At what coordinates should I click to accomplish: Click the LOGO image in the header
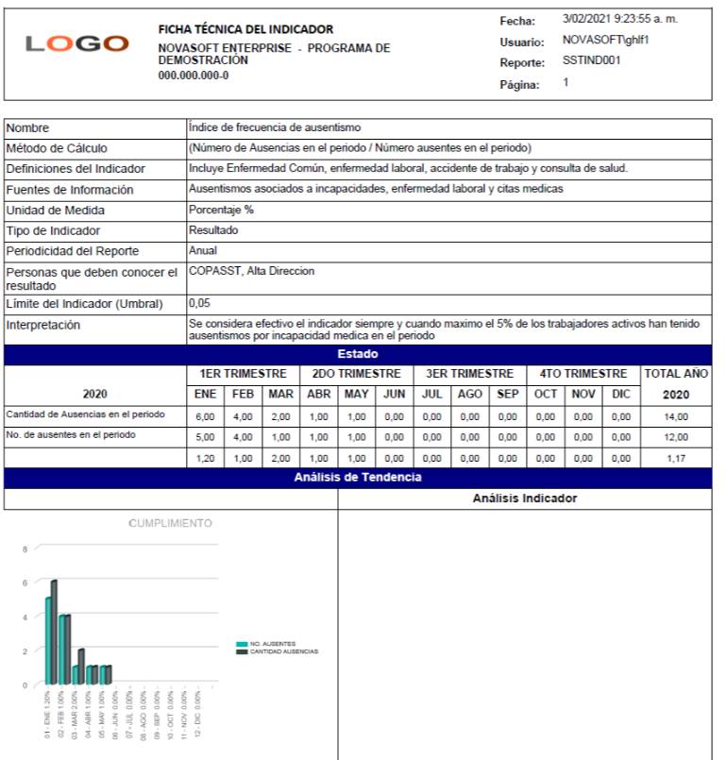77,43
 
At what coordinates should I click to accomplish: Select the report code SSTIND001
592,60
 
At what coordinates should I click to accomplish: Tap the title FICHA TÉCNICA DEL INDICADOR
245,29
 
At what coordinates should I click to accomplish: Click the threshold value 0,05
199,304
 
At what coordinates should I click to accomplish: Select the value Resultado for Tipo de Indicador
213,230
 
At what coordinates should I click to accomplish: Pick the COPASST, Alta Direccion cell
251,272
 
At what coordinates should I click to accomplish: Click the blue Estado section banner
358,354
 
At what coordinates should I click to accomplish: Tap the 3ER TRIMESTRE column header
469,374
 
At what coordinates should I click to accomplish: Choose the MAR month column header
279,394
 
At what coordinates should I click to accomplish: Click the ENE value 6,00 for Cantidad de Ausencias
205,415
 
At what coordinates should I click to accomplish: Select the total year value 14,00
676,415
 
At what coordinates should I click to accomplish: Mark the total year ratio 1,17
676,457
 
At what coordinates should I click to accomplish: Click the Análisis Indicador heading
524,498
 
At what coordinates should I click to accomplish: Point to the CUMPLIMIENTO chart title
170,523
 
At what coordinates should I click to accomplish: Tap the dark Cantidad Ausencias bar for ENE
55,631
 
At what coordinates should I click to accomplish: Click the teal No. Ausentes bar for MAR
76,674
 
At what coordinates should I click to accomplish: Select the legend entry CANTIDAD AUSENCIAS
283,651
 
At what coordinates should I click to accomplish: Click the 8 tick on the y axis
25,548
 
